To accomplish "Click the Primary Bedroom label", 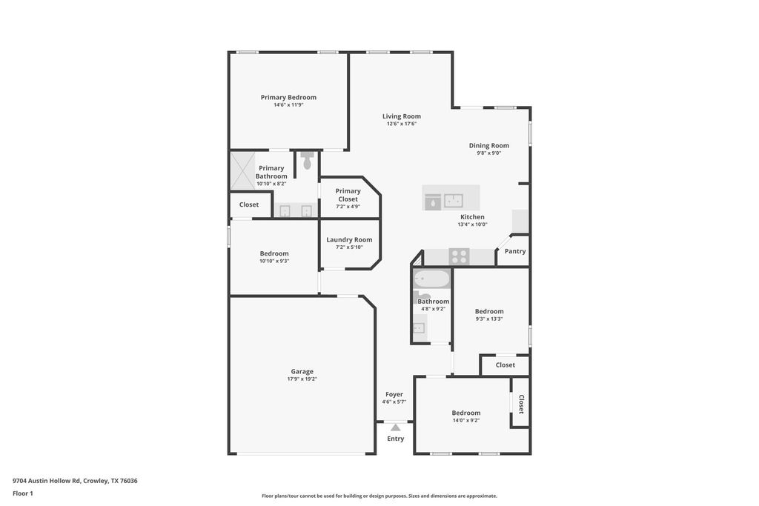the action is click(x=288, y=97).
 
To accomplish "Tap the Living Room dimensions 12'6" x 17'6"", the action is click(x=401, y=124).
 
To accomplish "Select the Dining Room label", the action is click(x=489, y=146).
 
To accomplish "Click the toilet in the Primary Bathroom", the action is click(x=308, y=161).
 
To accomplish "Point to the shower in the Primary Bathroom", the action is click(x=242, y=170).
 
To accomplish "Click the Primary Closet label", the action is click(x=348, y=195).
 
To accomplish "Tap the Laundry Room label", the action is click(x=349, y=239).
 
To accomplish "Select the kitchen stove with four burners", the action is click(x=459, y=256).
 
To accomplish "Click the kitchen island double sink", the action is click(x=454, y=200).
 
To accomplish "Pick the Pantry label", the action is click(x=515, y=251).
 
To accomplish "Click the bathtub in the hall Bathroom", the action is click(x=432, y=279).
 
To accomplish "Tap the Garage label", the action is click(x=302, y=371).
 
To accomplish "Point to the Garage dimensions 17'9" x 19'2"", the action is click(x=302, y=379).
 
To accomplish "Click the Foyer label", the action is click(x=394, y=394).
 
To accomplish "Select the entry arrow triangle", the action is click(x=396, y=427).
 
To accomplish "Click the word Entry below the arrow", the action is click(x=396, y=439).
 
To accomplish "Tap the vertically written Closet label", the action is click(x=521, y=404).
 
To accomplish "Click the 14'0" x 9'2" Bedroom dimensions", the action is click(x=466, y=420).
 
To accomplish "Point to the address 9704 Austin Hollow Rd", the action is click(x=47, y=481).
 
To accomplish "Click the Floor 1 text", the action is click(x=23, y=493).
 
